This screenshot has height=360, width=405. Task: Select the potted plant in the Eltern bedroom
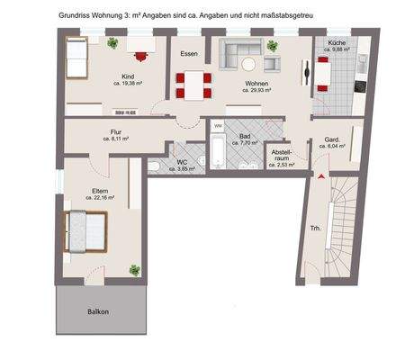[x=134, y=269]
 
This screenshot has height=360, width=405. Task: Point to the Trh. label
[x=315, y=229]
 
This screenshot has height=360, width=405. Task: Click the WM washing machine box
[x=219, y=125]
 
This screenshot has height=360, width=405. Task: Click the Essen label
[x=189, y=54]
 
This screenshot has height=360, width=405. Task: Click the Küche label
[x=337, y=42]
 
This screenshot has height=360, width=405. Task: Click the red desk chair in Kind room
[x=139, y=53]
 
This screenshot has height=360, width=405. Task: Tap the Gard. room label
[x=331, y=140]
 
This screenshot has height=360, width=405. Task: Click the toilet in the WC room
[x=157, y=166]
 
